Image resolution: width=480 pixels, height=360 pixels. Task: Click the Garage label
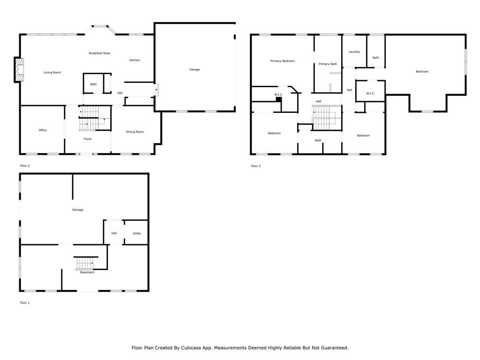pos(195,69)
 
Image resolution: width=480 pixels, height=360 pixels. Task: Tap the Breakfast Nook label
pos(99,53)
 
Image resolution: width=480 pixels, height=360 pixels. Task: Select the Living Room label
pos(52,73)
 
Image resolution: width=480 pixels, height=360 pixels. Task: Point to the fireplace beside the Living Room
pos(19,69)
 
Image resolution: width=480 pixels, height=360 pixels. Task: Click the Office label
pos(43,130)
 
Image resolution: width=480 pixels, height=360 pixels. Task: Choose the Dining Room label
pos(135,132)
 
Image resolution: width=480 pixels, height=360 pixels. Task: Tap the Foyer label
pos(88,139)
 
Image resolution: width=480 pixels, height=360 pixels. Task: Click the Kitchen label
pos(135,60)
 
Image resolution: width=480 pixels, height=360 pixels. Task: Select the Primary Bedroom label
pos(283,61)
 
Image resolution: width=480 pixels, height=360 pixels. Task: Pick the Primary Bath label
pos(328,64)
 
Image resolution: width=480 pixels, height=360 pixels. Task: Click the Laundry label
pos(354,52)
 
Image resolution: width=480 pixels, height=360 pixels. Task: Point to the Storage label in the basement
pos(78,210)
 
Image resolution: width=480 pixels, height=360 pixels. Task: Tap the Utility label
pos(137,233)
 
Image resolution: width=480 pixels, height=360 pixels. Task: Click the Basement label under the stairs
pos(87,272)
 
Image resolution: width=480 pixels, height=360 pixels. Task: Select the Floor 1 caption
pos(25,303)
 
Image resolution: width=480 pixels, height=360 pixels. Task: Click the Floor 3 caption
pos(256,166)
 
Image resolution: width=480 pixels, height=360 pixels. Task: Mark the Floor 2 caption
pos(25,166)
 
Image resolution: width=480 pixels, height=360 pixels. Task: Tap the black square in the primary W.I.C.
pos(278,99)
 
